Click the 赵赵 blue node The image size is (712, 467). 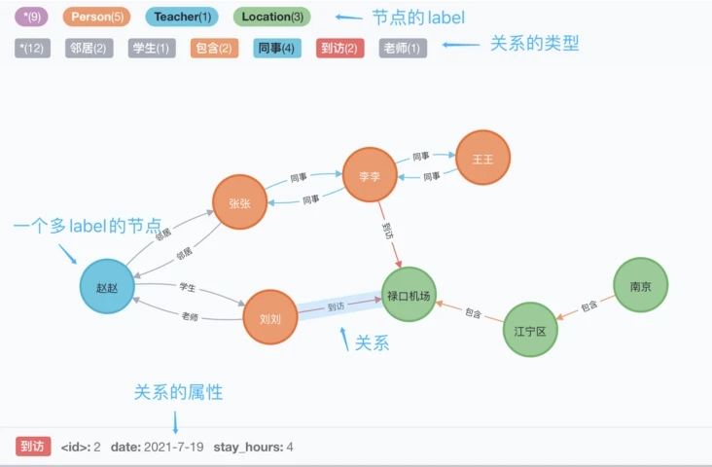click(107, 287)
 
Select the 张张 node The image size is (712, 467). click(239, 202)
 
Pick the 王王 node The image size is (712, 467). click(483, 158)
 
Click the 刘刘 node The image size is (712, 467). click(269, 318)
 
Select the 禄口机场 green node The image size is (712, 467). click(408, 295)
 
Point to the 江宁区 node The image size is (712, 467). click(530, 331)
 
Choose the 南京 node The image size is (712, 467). click(640, 285)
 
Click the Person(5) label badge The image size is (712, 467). click(95, 17)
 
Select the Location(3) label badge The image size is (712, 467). click(272, 17)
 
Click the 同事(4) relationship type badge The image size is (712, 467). click(279, 48)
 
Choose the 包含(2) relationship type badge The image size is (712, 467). click(215, 48)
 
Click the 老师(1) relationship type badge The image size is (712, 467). click(403, 48)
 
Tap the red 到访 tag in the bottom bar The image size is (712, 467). click(32, 447)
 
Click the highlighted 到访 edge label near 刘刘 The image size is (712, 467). click(336, 307)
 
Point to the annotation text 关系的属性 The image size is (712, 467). click(178, 392)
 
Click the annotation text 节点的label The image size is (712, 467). click(418, 17)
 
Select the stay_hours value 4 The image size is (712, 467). click(290, 448)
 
